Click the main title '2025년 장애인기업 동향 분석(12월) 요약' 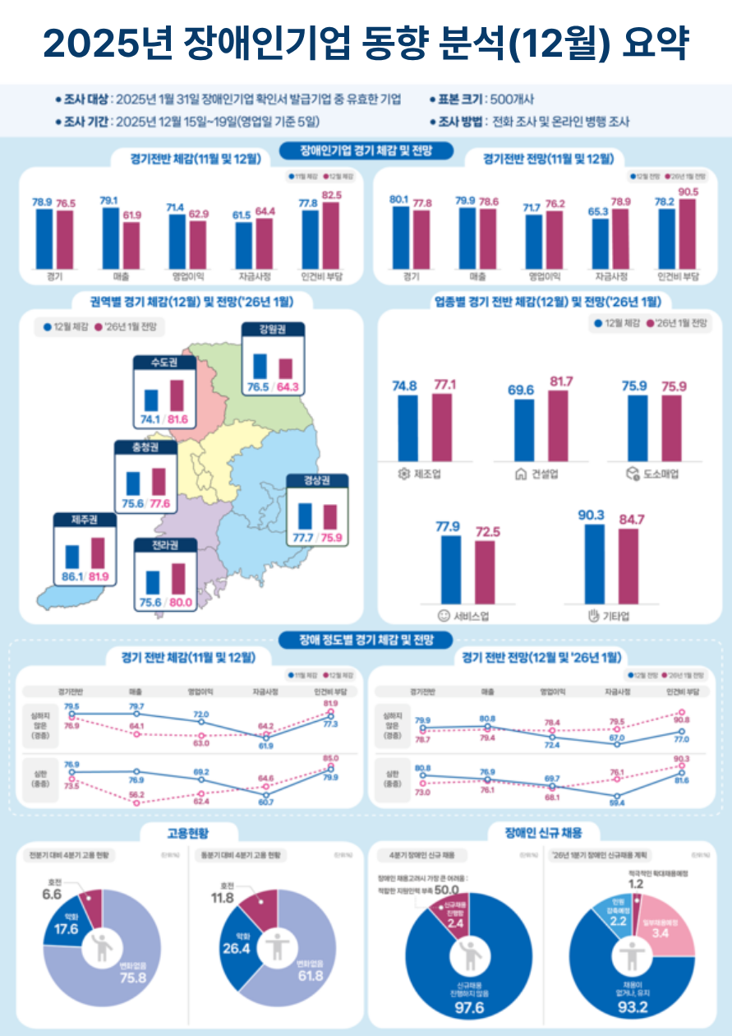[x=366, y=44]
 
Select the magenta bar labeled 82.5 [x=330, y=234]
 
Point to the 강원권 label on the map [x=274, y=331]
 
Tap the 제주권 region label [x=86, y=520]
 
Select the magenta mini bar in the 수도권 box [x=177, y=395]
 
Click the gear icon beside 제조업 [x=403, y=474]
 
